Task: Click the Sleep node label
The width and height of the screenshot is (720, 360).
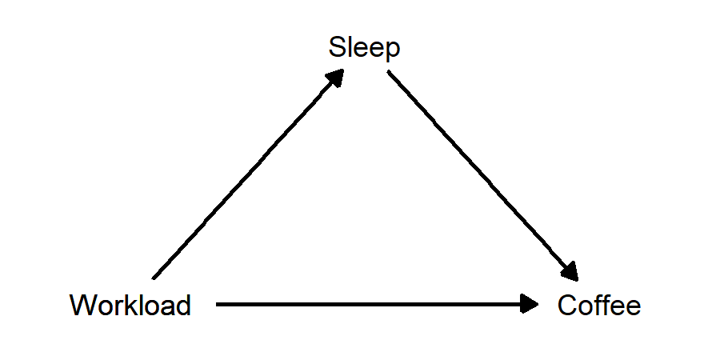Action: [364, 48]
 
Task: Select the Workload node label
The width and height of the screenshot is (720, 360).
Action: [130, 305]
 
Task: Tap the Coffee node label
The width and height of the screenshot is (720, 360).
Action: [599, 305]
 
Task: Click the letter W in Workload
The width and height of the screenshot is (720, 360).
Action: [81, 305]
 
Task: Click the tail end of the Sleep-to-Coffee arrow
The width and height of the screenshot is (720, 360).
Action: [390, 73]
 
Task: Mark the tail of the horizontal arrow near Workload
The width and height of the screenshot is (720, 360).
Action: [218, 304]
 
